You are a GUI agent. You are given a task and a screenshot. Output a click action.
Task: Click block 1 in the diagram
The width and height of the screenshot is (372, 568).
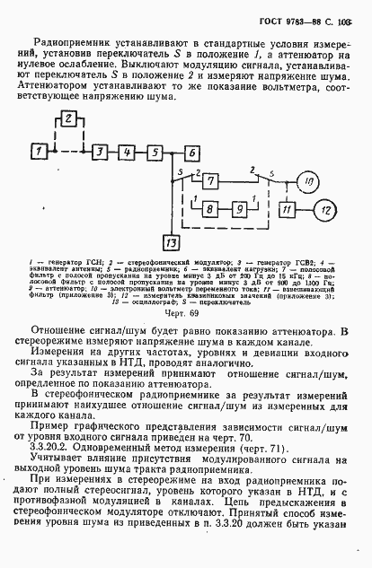[39, 152]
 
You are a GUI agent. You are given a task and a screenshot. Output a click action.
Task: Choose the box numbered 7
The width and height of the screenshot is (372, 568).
[208, 183]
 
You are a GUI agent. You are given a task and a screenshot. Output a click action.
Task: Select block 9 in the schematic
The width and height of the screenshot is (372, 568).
[242, 209]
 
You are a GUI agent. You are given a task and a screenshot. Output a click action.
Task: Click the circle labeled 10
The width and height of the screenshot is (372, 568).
[306, 183]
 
